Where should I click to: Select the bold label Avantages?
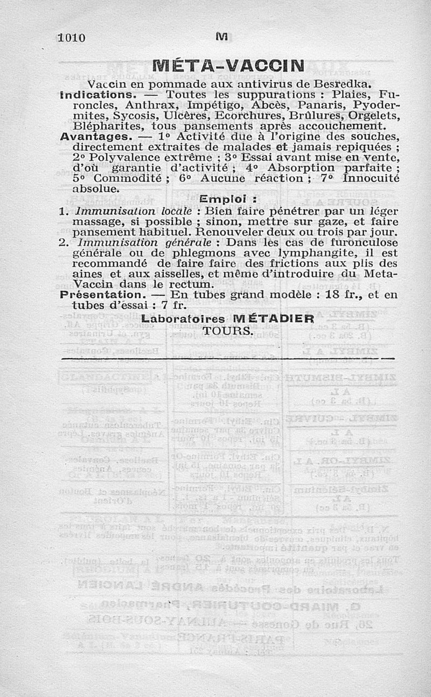tap(93, 137)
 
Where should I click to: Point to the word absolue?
tap(93, 189)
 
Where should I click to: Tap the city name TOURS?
tap(227, 330)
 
